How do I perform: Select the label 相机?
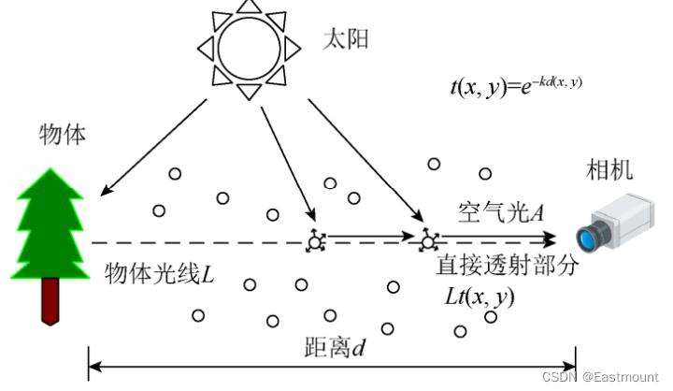coord(609,170)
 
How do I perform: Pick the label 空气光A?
coord(501,211)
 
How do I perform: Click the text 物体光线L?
coord(160,275)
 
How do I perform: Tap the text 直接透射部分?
coord(508,265)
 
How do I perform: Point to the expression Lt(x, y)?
coord(480,297)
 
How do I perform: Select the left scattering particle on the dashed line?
coord(315,242)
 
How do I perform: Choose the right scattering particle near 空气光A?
coord(428,241)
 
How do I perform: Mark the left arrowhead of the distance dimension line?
coord(93,363)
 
